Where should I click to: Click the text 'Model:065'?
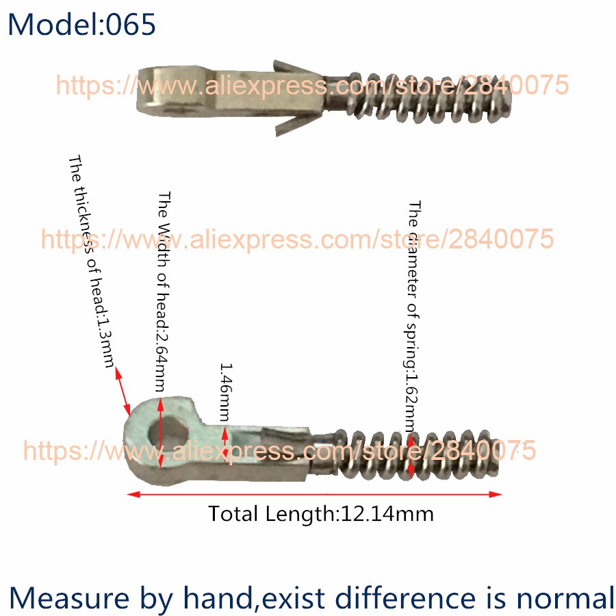82,25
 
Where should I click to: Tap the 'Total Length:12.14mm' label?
320,513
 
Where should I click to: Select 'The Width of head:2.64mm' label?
164,292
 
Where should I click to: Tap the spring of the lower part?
424,452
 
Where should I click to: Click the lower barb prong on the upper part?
287,123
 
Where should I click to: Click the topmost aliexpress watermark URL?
311,85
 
